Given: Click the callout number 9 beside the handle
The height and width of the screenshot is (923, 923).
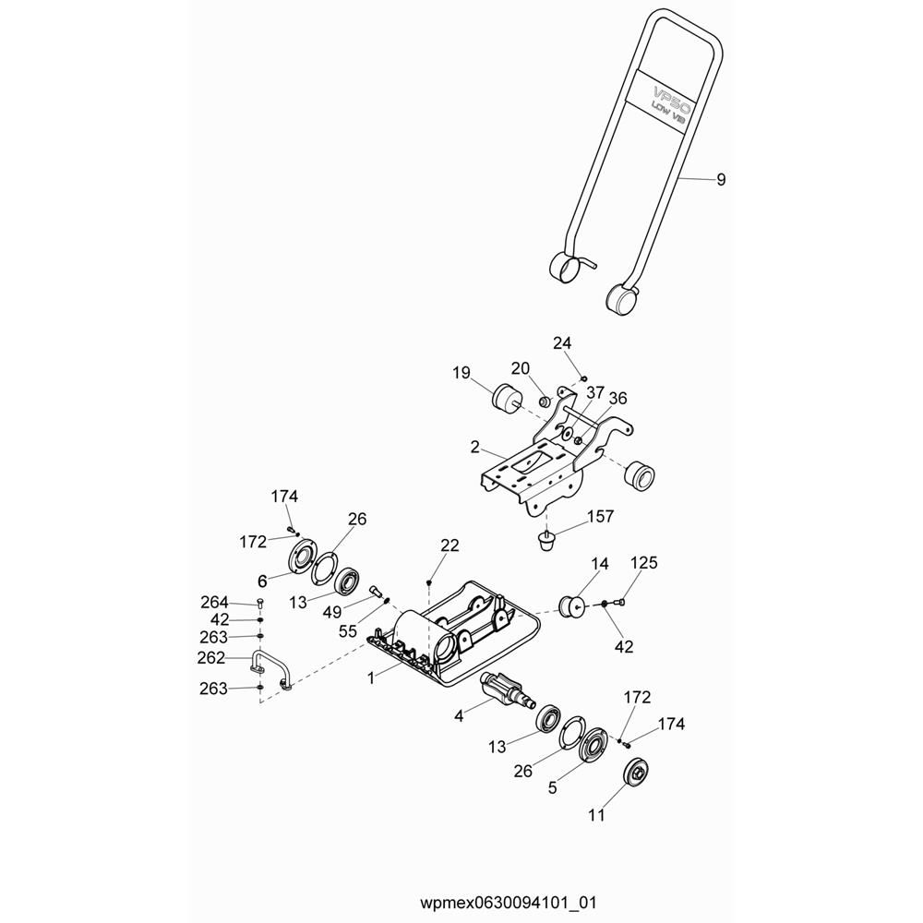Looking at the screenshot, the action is [721, 180].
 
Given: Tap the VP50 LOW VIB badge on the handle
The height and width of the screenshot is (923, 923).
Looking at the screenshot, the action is [667, 102].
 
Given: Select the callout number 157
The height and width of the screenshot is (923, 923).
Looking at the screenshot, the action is [601, 516].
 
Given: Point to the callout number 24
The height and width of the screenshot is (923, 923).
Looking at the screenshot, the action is [562, 343].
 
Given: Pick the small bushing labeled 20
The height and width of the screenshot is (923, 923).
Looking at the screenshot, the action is [545, 402].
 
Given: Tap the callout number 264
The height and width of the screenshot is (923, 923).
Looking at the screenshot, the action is [214, 603].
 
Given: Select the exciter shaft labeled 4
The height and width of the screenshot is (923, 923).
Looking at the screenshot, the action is [508, 689].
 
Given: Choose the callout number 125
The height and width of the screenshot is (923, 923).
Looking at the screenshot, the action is [643, 563].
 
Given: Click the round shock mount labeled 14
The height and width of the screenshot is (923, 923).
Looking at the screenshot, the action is [571, 605].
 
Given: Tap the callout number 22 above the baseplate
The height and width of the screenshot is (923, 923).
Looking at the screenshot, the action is [450, 545].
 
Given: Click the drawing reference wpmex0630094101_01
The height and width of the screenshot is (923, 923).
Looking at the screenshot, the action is [508, 903].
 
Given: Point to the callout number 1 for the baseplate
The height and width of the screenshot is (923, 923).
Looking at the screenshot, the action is [371, 678].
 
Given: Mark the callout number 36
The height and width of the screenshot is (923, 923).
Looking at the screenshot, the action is [617, 399].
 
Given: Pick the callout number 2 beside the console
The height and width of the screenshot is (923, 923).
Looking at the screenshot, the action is [475, 448].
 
